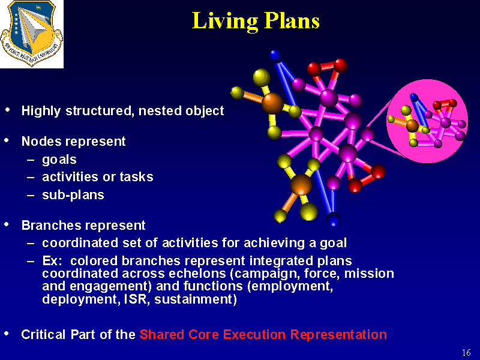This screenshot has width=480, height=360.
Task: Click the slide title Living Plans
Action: click(x=256, y=21)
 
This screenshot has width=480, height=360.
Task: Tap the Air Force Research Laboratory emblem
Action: click(x=32, y=34)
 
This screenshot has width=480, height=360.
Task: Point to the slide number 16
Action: click(x=466, y=352)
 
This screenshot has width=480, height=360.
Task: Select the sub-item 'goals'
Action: click(x=59, y=160)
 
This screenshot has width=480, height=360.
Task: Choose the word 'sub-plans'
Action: click(x=73, y=195)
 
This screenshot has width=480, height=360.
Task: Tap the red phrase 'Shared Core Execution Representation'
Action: click(x=263, y=334)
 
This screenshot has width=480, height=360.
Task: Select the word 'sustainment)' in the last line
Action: click(x=196, y=299)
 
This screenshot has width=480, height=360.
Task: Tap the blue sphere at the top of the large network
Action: click(x=276, y=56)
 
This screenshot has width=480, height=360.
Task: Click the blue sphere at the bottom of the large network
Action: click(x=334, y=219)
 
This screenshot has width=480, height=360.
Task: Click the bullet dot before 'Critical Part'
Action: click(x=7, y=334)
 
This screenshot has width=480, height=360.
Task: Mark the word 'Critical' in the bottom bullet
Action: click(x=43, y=334)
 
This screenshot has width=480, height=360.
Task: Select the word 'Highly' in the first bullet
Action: click(x=41, y=111)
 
